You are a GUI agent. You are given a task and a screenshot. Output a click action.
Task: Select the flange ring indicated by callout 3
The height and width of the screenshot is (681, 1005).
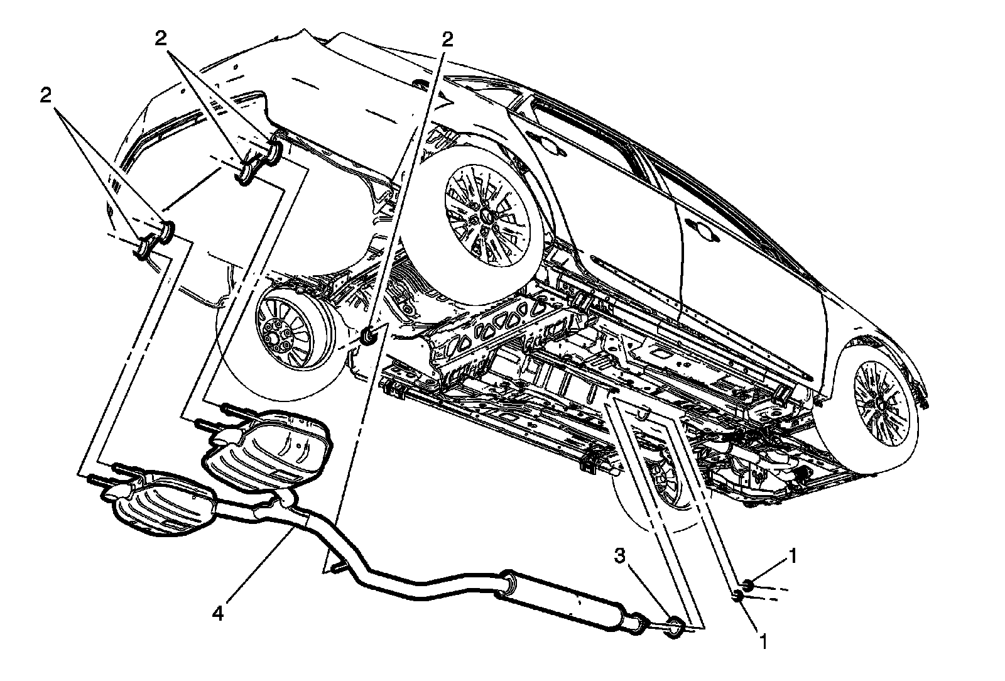(x=673, y=625)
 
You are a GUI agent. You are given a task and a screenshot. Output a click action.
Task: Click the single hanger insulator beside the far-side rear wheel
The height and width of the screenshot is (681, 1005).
(x=369, y=336)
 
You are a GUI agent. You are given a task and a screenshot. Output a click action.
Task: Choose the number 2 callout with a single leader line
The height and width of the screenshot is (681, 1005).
(x=447, y=40)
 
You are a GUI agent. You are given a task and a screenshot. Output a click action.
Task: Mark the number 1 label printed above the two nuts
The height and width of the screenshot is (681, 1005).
(x=795, y=556)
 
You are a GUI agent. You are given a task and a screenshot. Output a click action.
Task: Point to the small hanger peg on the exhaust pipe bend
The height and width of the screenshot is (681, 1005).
(x=337, y=567)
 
